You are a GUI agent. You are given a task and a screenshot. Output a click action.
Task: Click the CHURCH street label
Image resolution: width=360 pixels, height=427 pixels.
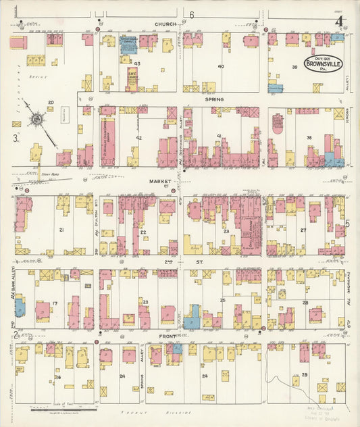(165, 24)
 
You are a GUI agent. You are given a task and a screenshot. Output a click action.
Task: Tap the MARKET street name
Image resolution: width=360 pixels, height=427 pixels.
(161, 182)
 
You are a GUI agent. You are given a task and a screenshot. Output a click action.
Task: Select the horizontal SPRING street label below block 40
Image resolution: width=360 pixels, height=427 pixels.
(214, 99)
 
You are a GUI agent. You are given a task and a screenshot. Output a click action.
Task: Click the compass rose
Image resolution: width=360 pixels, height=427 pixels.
(34, 120)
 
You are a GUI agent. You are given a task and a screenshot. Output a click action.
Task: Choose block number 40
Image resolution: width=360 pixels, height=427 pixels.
(221, 66)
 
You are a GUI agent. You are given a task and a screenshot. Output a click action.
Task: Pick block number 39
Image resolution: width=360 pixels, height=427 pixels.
(294, 67)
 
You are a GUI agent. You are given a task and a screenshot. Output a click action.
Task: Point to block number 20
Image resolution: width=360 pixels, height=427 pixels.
(50, 103)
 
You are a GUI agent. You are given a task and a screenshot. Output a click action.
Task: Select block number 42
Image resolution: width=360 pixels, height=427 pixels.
(138, 137)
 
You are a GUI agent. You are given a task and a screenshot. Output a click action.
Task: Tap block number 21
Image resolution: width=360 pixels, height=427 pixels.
(61, 230)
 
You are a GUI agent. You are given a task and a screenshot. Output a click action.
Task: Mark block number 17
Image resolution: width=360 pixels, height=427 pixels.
(55, 303)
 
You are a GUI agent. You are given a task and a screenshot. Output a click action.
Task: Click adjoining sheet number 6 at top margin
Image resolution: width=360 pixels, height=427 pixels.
(192, 14)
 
